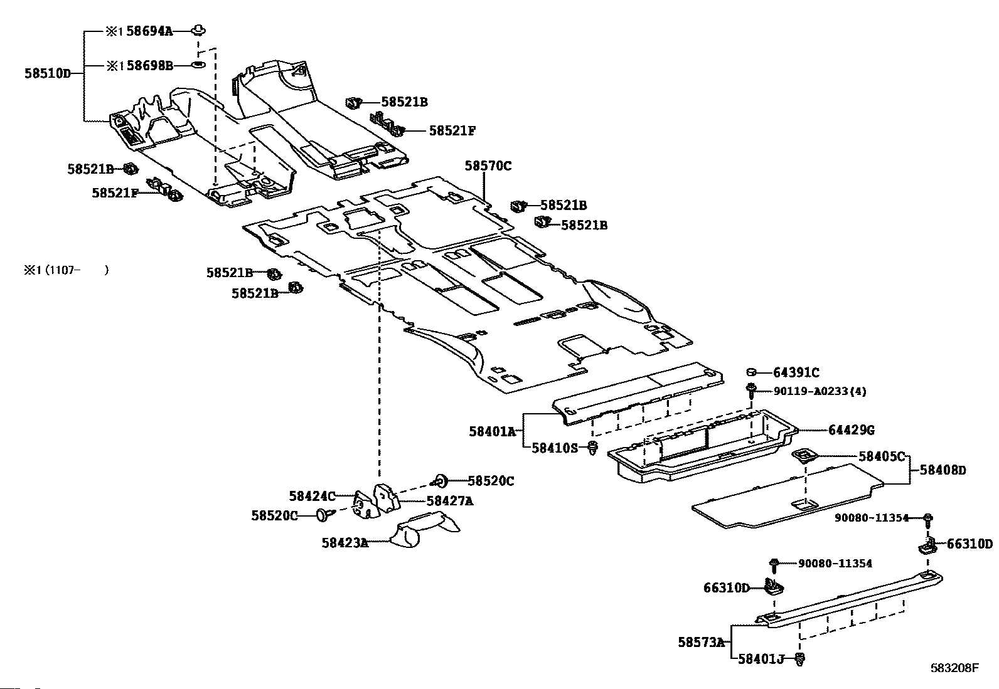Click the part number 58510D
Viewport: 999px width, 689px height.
48,73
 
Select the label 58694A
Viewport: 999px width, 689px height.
149,31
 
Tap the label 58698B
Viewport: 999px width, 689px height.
150,66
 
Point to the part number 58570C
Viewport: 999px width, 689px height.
488,166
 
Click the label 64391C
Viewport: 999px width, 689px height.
796,372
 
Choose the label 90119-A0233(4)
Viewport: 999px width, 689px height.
820,391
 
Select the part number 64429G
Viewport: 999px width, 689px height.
852,430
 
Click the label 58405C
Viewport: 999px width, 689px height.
882,457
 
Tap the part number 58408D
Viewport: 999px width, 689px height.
943,470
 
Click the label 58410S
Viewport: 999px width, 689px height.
555,448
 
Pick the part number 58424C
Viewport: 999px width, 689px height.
313,496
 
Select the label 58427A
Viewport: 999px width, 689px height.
450,502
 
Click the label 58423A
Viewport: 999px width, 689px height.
345,543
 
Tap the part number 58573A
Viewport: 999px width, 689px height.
702,642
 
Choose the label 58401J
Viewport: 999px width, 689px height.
761,659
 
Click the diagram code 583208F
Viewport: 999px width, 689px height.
954,668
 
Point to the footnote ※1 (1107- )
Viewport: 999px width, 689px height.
67,270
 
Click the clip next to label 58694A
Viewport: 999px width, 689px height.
198,31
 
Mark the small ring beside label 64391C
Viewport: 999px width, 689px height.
752,372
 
